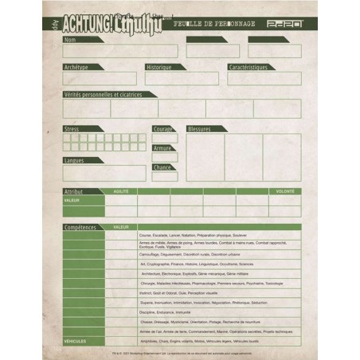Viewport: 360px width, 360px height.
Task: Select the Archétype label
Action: click(x=77, y=67)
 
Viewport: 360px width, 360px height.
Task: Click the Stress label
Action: click(x=72, y=128)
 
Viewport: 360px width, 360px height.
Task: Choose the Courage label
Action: click(x=162, y=128)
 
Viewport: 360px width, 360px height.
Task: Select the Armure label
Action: click(x=162, y=148)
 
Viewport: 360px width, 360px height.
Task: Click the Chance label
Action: click(x=162, y=167)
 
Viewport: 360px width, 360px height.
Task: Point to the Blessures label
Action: click(x=202, y=128)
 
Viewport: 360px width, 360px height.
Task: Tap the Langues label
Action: click(x=75, y=160)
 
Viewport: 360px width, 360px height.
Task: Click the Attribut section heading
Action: click(x=74, y=192)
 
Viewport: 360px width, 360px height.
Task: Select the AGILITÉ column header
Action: click(x=121, y=192)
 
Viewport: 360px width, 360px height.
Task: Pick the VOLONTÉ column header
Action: click(x=285, y=192)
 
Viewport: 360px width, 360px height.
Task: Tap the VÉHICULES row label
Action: click(x=75, y=340)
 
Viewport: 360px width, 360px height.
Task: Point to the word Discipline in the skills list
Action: click(x=148, y=311)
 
